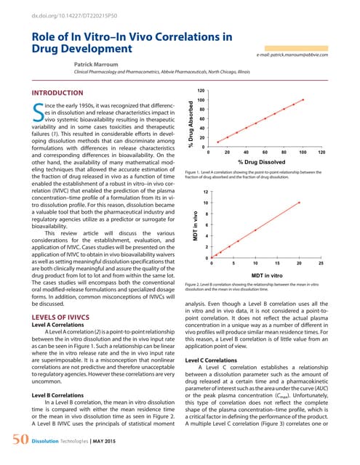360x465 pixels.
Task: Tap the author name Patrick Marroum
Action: coord(100,65)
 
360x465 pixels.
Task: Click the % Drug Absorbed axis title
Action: coord(191,124)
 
